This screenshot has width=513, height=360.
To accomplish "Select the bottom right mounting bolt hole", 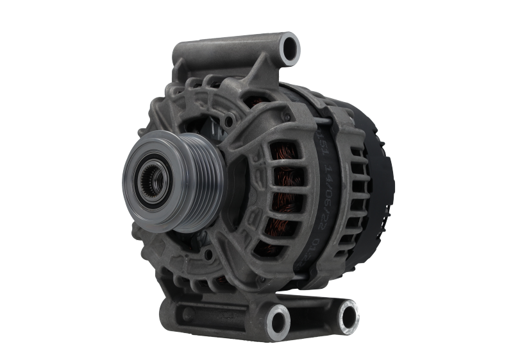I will point(347,314).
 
